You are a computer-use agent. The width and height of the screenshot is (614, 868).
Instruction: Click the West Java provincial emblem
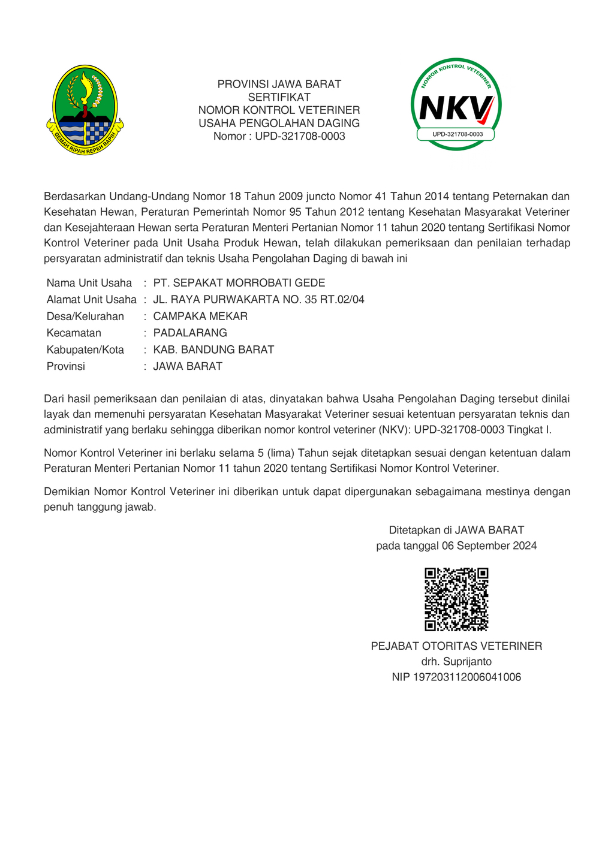coord(85,109)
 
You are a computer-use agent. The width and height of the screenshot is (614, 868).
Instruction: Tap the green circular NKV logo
coord(456,104)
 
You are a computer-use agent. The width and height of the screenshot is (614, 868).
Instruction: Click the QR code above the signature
coord(456,599)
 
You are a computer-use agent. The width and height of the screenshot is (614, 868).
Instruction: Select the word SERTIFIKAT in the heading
coord(279,97)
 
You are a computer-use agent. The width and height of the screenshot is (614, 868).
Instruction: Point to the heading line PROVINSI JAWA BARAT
coord(279,84)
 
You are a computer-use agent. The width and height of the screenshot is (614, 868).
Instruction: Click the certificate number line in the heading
coord(279,136)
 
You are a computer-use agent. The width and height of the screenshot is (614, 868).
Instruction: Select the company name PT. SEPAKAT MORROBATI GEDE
coord(239,283)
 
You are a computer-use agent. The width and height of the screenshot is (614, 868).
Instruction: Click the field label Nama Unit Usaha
coord(89,283)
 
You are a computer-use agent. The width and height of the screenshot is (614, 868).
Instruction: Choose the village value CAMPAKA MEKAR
coord(200,317)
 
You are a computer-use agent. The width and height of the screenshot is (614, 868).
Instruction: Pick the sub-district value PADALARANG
coord(190,333)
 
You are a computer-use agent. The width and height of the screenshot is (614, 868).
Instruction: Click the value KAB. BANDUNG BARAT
coord(213,349)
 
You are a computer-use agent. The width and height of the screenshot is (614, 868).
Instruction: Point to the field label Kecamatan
coord(74,333)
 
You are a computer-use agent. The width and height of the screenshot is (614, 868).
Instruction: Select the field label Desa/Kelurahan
coord(85,317)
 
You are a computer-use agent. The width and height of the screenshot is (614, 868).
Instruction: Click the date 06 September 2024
coord(489,545)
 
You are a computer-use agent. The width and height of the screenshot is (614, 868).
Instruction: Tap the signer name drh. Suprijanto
coord(456,662)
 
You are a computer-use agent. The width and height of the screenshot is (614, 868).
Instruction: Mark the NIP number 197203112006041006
coord(468,677)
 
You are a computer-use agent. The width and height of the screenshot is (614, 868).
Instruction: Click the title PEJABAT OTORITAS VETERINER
coord(456,646)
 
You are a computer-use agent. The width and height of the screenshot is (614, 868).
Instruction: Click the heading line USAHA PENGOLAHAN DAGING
coord(279,123)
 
